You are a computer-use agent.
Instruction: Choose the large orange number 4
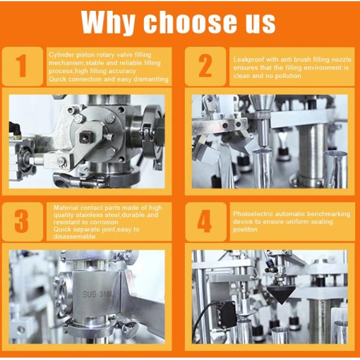[205, 221]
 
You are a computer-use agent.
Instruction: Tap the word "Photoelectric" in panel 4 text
[252, 213]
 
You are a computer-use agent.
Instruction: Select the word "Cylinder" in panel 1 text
[61, 55]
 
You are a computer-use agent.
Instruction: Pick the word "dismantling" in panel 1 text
[152, 79]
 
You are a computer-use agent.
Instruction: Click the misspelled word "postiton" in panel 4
[244, 230]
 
